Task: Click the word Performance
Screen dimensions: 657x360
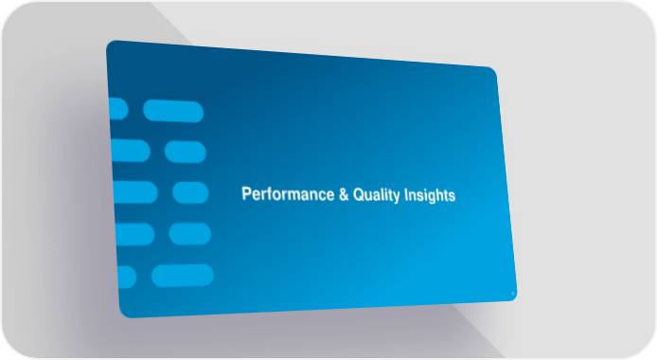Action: [x=288, y=194]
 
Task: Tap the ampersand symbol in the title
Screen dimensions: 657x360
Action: [x=344, y=194]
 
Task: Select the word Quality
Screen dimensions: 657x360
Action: [x=376, y=195]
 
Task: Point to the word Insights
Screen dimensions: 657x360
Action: [x=430, y=196]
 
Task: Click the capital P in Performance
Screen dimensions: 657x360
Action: [x=246, y=193]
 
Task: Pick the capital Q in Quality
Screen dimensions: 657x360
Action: [x=359, y=194]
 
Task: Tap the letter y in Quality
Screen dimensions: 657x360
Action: [x=397, y=197]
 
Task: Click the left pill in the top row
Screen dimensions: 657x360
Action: [x=118, y=109]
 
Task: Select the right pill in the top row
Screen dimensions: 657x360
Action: [x=173, y=111]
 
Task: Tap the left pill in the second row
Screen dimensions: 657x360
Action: [x=131, y=150]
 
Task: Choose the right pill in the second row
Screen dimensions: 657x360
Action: [x=186, y=152]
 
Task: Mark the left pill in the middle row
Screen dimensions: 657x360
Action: [x=135, y=192]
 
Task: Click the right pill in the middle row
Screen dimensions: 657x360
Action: [x=190, y=192]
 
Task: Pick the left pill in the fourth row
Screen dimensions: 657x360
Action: [x=135, y=234]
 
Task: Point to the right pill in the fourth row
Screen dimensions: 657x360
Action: [x=189, y=233]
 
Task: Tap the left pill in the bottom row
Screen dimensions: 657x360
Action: [x=128, y=277]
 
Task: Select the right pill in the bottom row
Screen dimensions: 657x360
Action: [x=183, y=276]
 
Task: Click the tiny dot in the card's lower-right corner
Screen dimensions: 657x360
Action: [x=512, y=294]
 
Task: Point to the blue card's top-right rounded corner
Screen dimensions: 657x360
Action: [x=493, y=70]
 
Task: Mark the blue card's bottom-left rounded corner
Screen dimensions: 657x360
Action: [x=124, y=314]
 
